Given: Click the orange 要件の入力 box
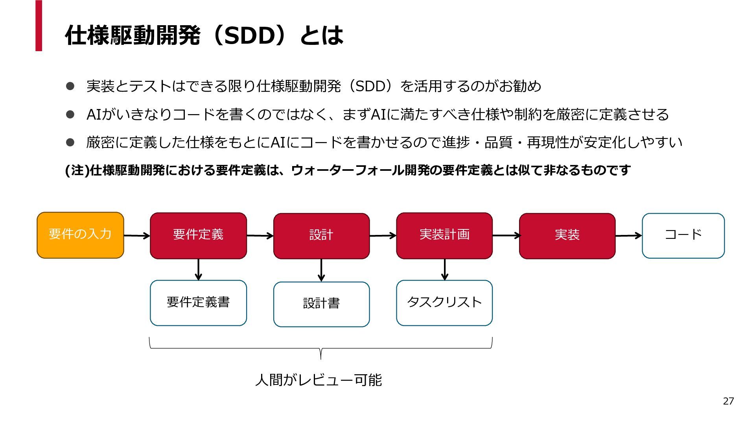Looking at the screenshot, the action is click(80, 235).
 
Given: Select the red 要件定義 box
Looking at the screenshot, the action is click(198, 236).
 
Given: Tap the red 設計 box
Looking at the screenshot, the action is click(321, 236).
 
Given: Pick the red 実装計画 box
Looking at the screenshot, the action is click(444, 236).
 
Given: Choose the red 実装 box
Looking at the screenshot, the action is click(567, 236).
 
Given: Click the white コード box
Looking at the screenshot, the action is click(683, 236).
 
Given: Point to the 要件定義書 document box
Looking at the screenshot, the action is click(198, 303).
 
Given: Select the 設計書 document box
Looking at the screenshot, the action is click(321, 304).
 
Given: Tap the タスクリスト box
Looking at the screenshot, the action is click(444, 303).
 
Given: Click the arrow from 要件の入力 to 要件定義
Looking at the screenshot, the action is click(137, 236).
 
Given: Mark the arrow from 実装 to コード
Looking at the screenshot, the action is click(629, 236).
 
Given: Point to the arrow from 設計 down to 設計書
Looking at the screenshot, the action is click(321, 270).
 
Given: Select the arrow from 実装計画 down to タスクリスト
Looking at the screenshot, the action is click(444, 270).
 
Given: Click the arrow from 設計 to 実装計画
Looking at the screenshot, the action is click(383, 236).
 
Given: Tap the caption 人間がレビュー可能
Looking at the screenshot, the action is click(319, 380).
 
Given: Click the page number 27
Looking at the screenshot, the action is click(728, 401).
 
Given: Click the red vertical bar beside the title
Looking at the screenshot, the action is click(39, 26).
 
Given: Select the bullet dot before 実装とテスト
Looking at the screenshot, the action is click(70, 86).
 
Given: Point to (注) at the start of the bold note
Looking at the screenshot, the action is click(77, 170).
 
